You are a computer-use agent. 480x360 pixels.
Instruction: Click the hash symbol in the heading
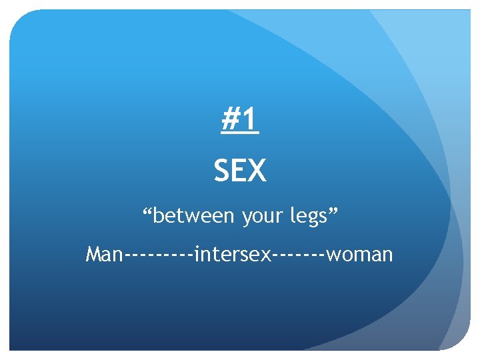[x=231, y=121]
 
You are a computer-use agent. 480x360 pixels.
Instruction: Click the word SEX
[x=240, y=171]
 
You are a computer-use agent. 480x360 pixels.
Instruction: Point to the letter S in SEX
[x=222, y=171]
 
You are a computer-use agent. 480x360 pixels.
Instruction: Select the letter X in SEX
[x=257, y=171]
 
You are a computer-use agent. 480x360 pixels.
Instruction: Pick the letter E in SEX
[x=240, y=171]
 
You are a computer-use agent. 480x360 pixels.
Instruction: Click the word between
[x=194, y=216]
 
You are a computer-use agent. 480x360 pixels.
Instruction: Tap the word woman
[x=361, y=255]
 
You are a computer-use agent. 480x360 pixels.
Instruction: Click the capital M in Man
[x=95, y=254]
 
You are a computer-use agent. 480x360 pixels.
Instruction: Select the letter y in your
[x=246, y=219]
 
